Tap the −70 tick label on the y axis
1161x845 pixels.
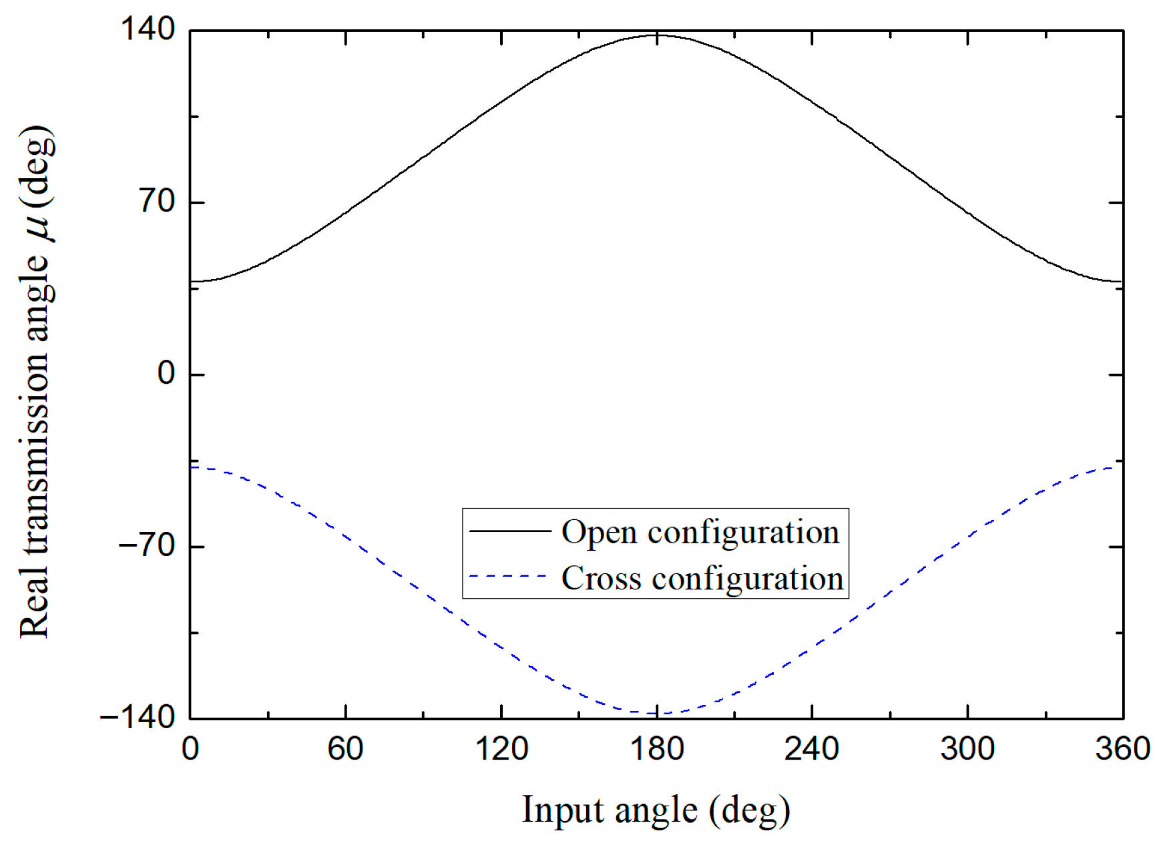tap(146, 545)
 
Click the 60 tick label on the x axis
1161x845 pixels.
tap(345, 749)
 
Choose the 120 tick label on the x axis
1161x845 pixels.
tap(501, 749)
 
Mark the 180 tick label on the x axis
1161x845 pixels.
tap(657, 749)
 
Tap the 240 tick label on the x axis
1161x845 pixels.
tap(811, 749)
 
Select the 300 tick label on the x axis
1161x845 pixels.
tap(967, 749)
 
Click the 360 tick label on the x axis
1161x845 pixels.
tap(1122, 749)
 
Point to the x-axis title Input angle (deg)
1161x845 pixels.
tap(656, 810)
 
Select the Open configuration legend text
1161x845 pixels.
tap(700, 532)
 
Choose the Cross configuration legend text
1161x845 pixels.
tap(702, 578)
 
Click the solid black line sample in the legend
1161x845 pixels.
tap(509, 531)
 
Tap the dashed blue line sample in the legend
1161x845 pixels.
tap(509, 576)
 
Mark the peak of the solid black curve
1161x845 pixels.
tap(657, 35)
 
